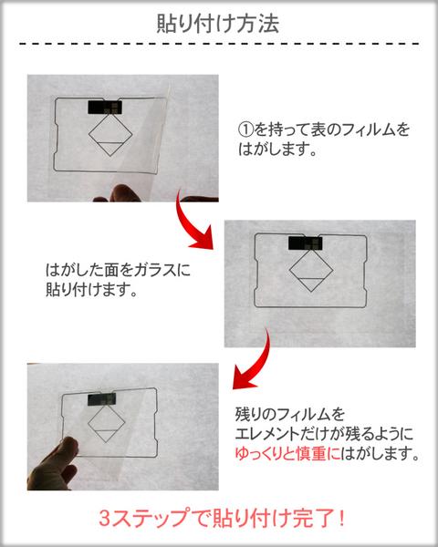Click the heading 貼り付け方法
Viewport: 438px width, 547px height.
pos(218,23)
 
